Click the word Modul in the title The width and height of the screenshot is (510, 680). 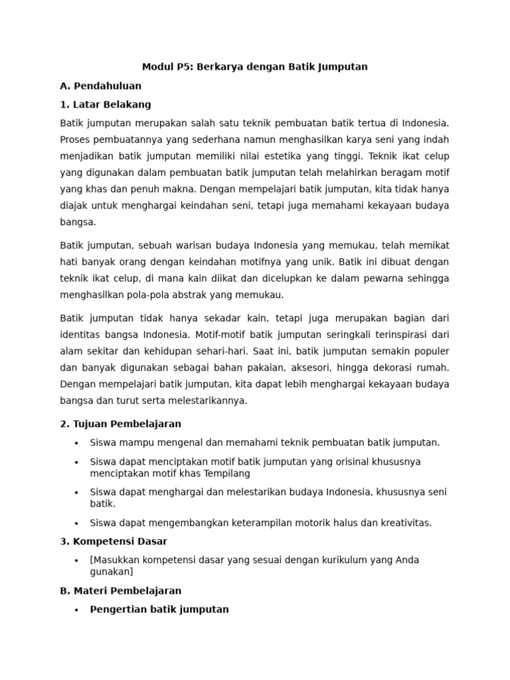157,67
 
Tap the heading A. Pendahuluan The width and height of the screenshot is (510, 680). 100,86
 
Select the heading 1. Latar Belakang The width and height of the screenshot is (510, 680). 106,104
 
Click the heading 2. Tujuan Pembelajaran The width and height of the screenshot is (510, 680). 120,424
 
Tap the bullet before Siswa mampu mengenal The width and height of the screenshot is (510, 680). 77,443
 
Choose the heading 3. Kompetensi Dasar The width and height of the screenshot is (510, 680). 114,541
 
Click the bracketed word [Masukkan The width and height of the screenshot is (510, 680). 114,560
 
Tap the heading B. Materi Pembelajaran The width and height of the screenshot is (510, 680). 120,590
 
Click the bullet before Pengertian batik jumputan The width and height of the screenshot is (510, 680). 77,610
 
